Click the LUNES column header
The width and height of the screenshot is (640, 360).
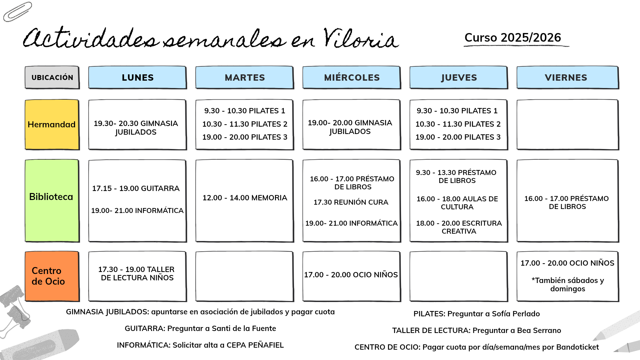pyautogui.click(x=137, y=77)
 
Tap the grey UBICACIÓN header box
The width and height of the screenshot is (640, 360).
pyautogui.click(x=52, y=77)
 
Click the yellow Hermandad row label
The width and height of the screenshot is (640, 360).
pyautogui.click(x=52, y=124)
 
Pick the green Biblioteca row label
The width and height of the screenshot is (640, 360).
pyautogui.click(x=52, y=197)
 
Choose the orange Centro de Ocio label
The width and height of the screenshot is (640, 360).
pyautogui.click(x=52, y=276)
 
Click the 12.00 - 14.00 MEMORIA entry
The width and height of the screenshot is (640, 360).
pyautogui.click(x=245, y=198)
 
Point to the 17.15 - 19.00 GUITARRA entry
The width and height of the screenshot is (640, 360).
pyautogui.click(x=136, y=188)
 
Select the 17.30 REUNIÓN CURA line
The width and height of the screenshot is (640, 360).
pyautogui.click(x=351, y=202)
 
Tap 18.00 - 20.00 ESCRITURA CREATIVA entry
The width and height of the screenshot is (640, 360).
pyautogui.click(x=459, y=227)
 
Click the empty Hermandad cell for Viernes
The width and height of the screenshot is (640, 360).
pyautogui.click(x=567, y=124)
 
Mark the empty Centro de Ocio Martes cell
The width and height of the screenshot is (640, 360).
pyautogui.click(x=245, y=276)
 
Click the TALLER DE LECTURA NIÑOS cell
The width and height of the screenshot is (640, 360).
pyautogui.click(x=137, y=274)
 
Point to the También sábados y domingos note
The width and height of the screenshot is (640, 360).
pyautogui.click(x=567, y=284)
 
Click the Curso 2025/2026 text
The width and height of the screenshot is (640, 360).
pyautogui.click(x=513, y=38)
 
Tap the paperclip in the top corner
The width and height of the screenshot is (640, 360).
pyautogui.click(x=17, y=12)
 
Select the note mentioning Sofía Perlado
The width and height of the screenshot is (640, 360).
pyautogui.click(x=476, y=314)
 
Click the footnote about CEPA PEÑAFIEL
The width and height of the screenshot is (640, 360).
pyautogui.click(x=200, y=345)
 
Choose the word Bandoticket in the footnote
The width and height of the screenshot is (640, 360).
pyautogui.click(x=577, y=347)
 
